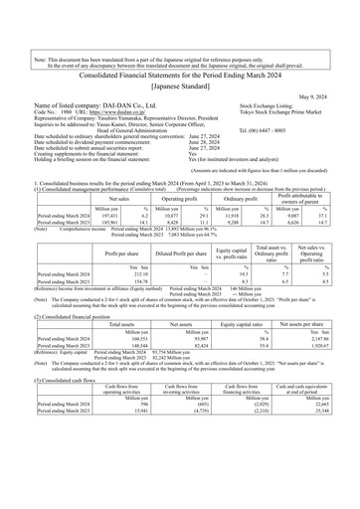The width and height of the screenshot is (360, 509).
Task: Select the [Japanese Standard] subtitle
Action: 179,46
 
